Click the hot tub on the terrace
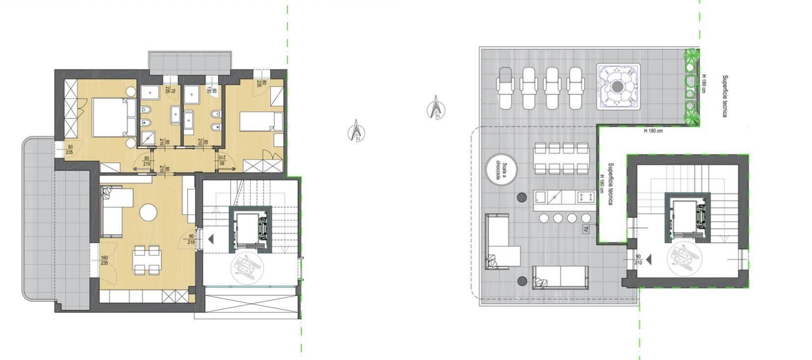pyautogui.click(x=618, y=87)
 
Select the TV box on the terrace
pyautogui.click(x=586, y=229)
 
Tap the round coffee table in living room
pyautogui.click(x=148, y=213)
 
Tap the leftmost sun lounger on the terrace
pyautogui.click(x=506, y=88)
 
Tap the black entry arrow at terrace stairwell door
pyautogui.click(x=649, y=259)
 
